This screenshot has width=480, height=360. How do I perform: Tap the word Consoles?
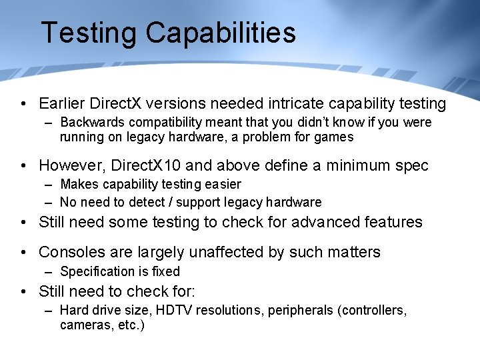tap(72, 252)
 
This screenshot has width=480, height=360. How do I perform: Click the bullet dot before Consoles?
tap(23, 252)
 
